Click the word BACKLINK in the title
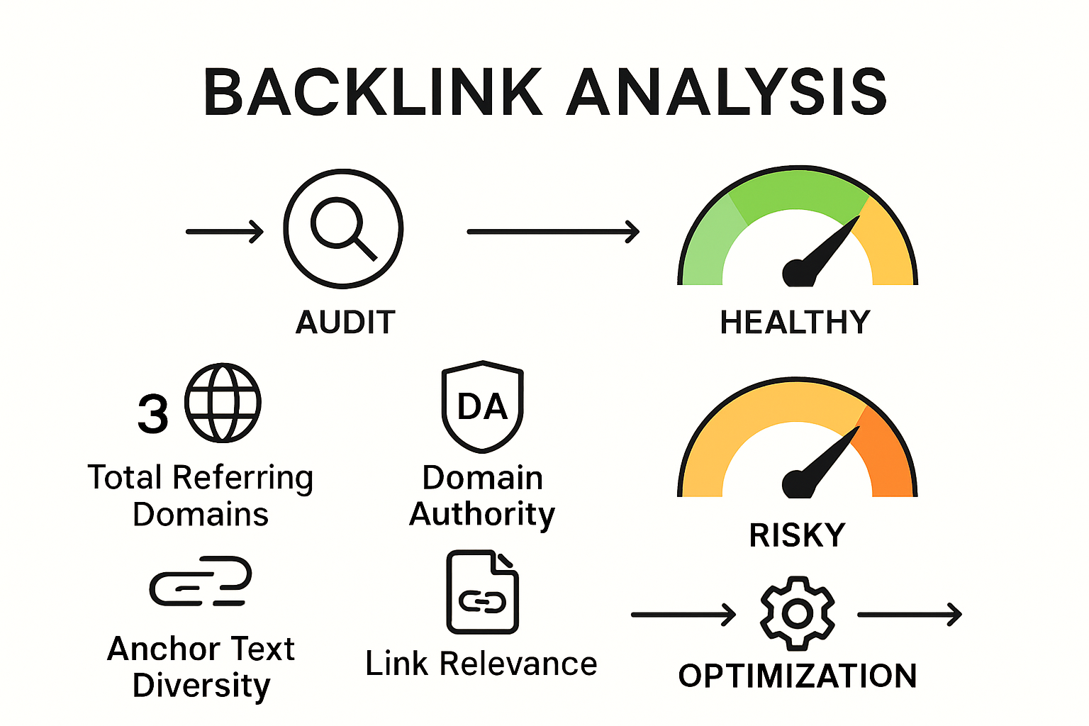374,92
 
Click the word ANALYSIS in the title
727,92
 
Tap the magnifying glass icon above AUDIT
343,228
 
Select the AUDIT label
345,322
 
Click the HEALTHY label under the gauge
795,322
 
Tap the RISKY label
798,535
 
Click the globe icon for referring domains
223,403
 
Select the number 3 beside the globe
153,413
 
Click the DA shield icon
483,406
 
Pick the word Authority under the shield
482,515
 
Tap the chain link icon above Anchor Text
201,581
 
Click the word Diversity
201,686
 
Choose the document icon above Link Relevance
482,592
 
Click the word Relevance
518,664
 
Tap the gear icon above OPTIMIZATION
798,614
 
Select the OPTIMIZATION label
798,676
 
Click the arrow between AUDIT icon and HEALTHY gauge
553,231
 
